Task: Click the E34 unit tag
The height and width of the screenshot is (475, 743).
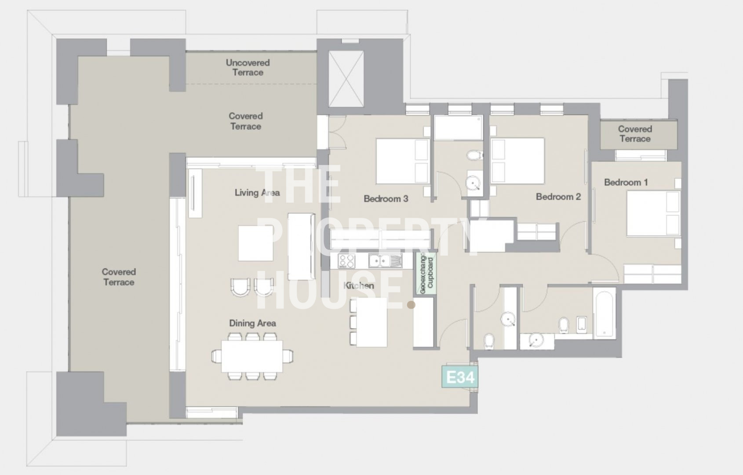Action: [x=460, y=377]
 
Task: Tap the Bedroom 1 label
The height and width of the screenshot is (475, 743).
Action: [x=626, y=182]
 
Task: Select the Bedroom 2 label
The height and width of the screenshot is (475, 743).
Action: [x=558, y=197]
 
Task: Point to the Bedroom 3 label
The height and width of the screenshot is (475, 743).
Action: [x=386, y=198]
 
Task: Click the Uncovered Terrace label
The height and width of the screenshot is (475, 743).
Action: [x=248, y=67]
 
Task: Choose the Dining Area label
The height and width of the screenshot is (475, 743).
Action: [x=252, y=323]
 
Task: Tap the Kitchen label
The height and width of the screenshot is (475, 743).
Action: [x=359, y=285]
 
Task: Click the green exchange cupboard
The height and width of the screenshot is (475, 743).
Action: [x=426, y=273]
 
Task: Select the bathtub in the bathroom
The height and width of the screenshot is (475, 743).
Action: [x=604, y=313]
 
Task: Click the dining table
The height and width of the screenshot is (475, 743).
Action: [x=252, y=356]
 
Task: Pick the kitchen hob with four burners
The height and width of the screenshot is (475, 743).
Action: [x=346, y=261]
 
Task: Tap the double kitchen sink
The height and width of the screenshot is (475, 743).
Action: [x=385, y=261]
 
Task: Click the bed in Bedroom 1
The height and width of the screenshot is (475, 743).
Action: [x=653, y=213]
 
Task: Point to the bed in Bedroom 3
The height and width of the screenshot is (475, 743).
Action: [x=403, y=161]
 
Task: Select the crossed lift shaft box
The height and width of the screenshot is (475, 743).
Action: [x=346, y=79]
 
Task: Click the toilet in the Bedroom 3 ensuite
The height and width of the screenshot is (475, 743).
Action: [x=475, y=155]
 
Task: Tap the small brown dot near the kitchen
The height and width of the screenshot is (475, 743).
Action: [x=411, y=305]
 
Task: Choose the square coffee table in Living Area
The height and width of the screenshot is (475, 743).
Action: [x=255, y=243]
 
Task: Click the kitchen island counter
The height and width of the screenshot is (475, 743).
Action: [x=372, y=322]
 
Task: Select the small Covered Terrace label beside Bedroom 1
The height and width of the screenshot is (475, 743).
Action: [x=635, y=134]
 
